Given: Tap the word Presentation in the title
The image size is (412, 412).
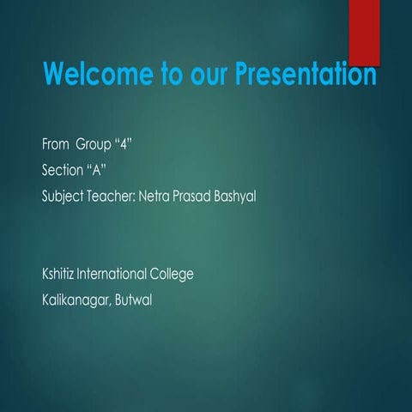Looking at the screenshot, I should [x=306, y=75].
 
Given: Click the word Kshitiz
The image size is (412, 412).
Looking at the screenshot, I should [x=59, y=275].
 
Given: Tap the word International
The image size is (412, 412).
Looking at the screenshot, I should [x=112, y=275].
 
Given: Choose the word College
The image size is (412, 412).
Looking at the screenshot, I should [x=172, y=276].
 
